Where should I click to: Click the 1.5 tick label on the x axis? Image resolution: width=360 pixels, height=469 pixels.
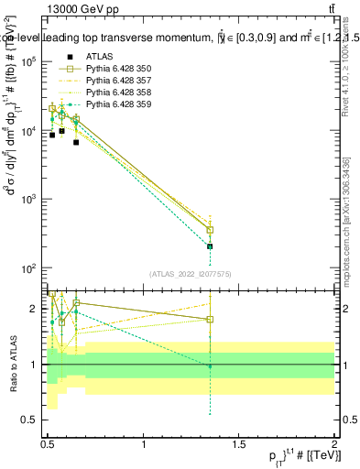[239, 444]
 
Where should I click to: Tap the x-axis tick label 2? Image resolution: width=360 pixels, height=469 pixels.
[334, 444]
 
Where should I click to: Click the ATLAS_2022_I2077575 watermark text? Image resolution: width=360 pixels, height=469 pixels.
[190, 273]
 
